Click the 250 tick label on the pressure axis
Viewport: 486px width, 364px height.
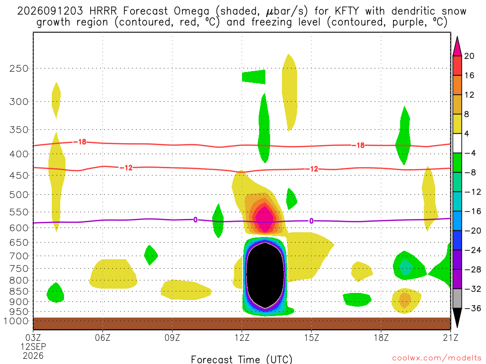tap(19, 68)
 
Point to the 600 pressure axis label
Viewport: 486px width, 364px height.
tap(19, 228)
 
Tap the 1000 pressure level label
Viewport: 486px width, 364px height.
tap(16, 321)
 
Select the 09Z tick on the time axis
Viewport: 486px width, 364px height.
tap(172, 337)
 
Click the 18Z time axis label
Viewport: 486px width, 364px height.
tap(381, 337)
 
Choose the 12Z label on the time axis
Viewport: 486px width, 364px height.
tap(242, 337)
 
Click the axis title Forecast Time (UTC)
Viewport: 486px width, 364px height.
tap(242, 359)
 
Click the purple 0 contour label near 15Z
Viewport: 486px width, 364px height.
tap(311, 221)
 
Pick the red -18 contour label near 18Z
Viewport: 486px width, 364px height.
tap(360, 145)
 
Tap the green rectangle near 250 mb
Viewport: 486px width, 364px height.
tap(253, 77)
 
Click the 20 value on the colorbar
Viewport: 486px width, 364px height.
tap(469, 56)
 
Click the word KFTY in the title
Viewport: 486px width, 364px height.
tap(347, 11)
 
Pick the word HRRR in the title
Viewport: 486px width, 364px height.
tap(103, 11)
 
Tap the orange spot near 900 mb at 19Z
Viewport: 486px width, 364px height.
tap(405, 300)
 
